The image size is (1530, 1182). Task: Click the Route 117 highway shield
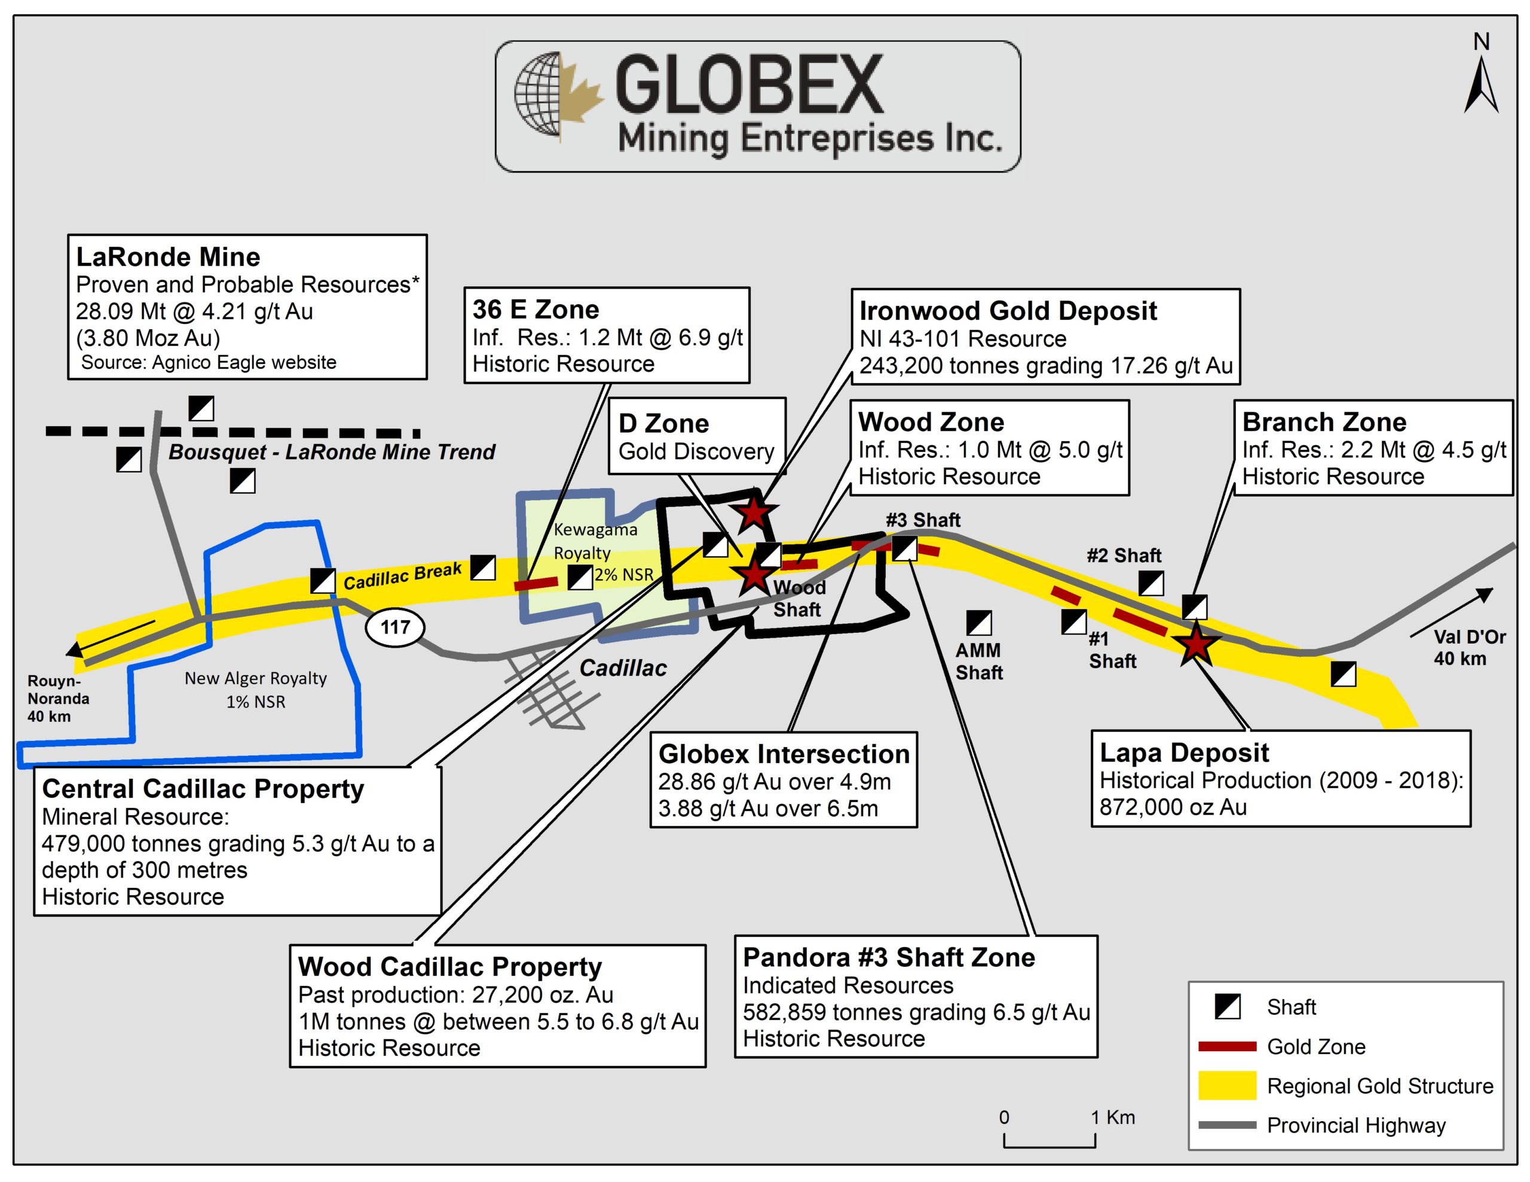tap(395, 626)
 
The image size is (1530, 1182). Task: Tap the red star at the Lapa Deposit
tap(1196, 644)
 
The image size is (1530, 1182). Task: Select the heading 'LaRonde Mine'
tap(168, 257)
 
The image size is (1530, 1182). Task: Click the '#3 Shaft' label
tap(923, 520)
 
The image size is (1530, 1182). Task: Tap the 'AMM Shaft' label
tap(979, 662)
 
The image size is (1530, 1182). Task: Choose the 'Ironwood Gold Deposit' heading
tap(1008, 310)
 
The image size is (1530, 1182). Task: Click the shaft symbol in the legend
tap(1228, 1007)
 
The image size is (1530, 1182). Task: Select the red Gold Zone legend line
tap(1228, 1047)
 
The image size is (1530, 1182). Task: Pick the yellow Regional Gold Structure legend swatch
tap(1228, 1085)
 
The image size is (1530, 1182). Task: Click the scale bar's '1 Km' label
tap(1112, 1117)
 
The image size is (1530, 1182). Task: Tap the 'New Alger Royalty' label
tap(256, 678)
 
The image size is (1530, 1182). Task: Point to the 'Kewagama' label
tap(595, 529)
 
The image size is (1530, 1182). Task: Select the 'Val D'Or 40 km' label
tap(1460, 647)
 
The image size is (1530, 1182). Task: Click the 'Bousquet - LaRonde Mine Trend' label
tap(331, 452)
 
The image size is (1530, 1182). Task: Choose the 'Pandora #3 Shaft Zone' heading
tap(888, 957)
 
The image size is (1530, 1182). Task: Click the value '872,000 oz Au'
tap(1173, 807)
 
